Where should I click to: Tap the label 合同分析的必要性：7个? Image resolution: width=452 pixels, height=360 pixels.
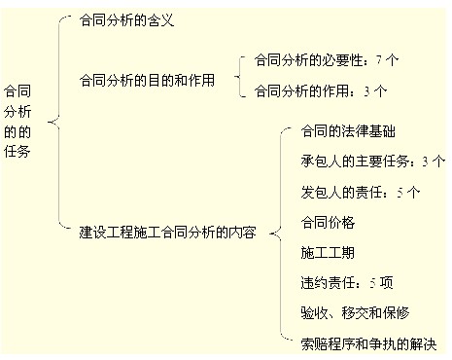(326, 60)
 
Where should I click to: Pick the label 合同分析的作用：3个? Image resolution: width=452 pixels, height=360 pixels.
(319, 91)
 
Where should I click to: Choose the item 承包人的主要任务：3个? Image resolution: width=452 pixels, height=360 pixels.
(373, 161)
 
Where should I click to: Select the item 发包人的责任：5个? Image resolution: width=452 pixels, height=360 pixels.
(360, 192)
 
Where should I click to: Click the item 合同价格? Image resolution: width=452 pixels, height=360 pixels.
(328, 223)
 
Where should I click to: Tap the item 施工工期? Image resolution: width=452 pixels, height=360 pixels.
(328, 253)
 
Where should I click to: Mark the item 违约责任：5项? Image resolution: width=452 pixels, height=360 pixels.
(347, 283)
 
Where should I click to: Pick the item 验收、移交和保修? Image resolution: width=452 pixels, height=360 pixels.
(355, 313)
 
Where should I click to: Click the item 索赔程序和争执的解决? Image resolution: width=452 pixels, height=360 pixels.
(370, 343)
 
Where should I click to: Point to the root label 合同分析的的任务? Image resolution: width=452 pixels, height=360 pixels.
(17, 123)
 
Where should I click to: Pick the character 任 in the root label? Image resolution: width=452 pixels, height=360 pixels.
(11, 153)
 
